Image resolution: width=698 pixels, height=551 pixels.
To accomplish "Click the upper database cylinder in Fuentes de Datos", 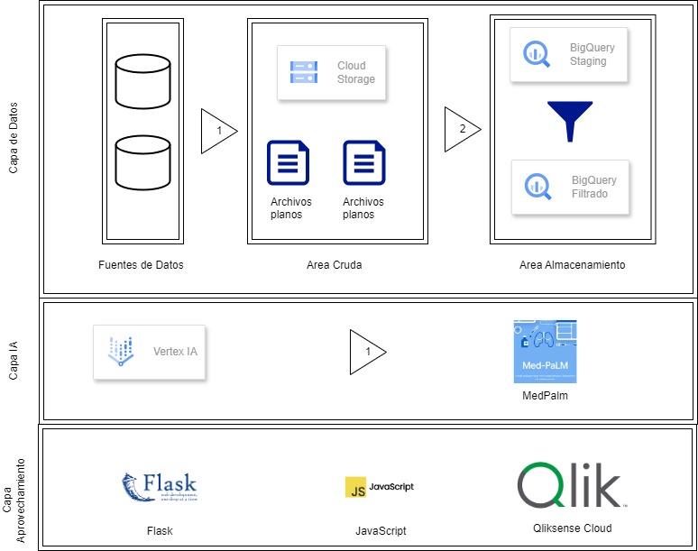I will click(143, 78).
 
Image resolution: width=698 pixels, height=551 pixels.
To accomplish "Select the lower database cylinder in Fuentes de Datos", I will click(143, 161).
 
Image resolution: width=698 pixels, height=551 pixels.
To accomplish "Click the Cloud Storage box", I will click(331, 72).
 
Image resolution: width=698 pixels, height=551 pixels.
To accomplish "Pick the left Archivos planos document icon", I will click(288, 163).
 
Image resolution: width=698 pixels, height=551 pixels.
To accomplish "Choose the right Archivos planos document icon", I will click(363, 163).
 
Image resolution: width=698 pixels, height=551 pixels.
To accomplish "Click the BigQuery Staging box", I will click(568, 55).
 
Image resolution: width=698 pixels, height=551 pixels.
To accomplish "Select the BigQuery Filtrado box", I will click(568, 187).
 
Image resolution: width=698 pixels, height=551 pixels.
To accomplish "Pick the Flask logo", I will click(159, 486).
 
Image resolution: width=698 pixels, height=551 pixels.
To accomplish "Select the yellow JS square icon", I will click(355, 487).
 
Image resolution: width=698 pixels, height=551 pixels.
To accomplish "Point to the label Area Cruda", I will click(335, 265).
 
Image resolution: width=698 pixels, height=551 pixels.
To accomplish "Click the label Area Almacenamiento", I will click(572, 265).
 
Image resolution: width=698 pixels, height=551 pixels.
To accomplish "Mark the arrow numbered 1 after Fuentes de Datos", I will click(217, 130).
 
